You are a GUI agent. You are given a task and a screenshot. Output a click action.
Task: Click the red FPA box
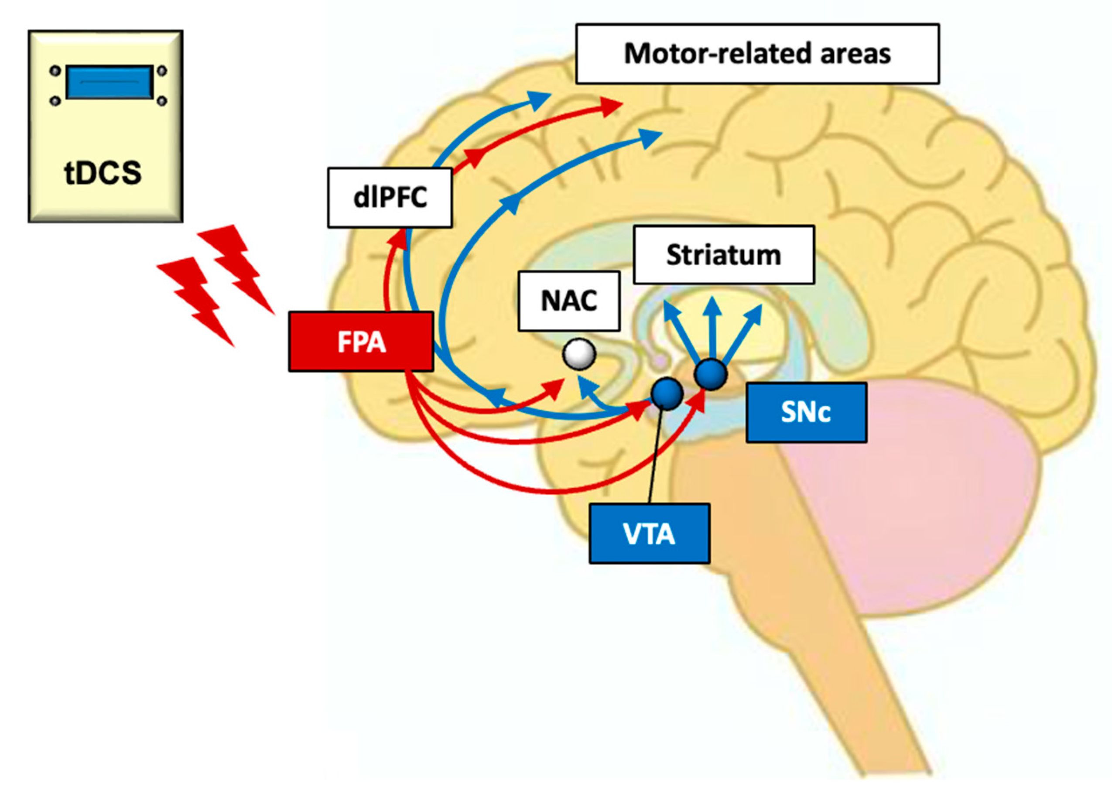tap(361, 341)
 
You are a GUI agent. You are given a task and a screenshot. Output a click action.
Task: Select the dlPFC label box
tap(390, 198)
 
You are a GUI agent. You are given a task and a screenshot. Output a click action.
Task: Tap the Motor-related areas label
tap(757, 54)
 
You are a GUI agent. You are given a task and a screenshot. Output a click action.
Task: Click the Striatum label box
tap(723, 255)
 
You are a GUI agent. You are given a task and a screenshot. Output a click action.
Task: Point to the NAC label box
tap(569, 301)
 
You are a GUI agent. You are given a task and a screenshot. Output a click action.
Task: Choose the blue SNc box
tap(806, 413)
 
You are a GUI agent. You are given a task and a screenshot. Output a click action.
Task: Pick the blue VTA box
tap(649, 534)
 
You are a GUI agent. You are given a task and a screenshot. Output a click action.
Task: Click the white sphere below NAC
tap(579, 354)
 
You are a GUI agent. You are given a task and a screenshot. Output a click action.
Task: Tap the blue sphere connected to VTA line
tap(667, 393)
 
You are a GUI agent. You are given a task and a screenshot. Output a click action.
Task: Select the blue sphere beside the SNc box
tap(711, 374)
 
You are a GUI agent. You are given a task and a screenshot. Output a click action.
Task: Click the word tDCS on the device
tap(103, 173)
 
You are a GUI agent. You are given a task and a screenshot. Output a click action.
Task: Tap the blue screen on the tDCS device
tap(109, 82)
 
